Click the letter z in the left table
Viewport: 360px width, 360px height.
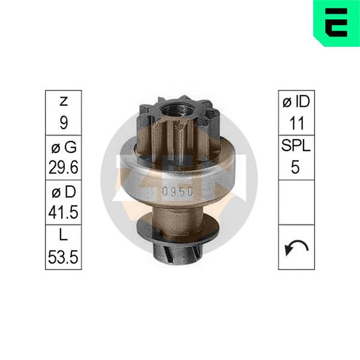(x=64, y=101)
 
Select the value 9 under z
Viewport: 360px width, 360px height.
(x=64, y=122)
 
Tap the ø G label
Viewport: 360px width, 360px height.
(x=64, y=147)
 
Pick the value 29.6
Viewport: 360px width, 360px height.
(x=64, y=167)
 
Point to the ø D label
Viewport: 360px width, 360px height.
(x=64, y=192)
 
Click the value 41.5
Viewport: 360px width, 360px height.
(x=64, y=212)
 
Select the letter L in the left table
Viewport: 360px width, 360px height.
(x=64, y=235)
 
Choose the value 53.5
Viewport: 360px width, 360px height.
(x=63, y=257)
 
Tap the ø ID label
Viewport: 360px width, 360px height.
(x=296, y=101)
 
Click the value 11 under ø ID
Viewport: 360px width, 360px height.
(x=296, y=123)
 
